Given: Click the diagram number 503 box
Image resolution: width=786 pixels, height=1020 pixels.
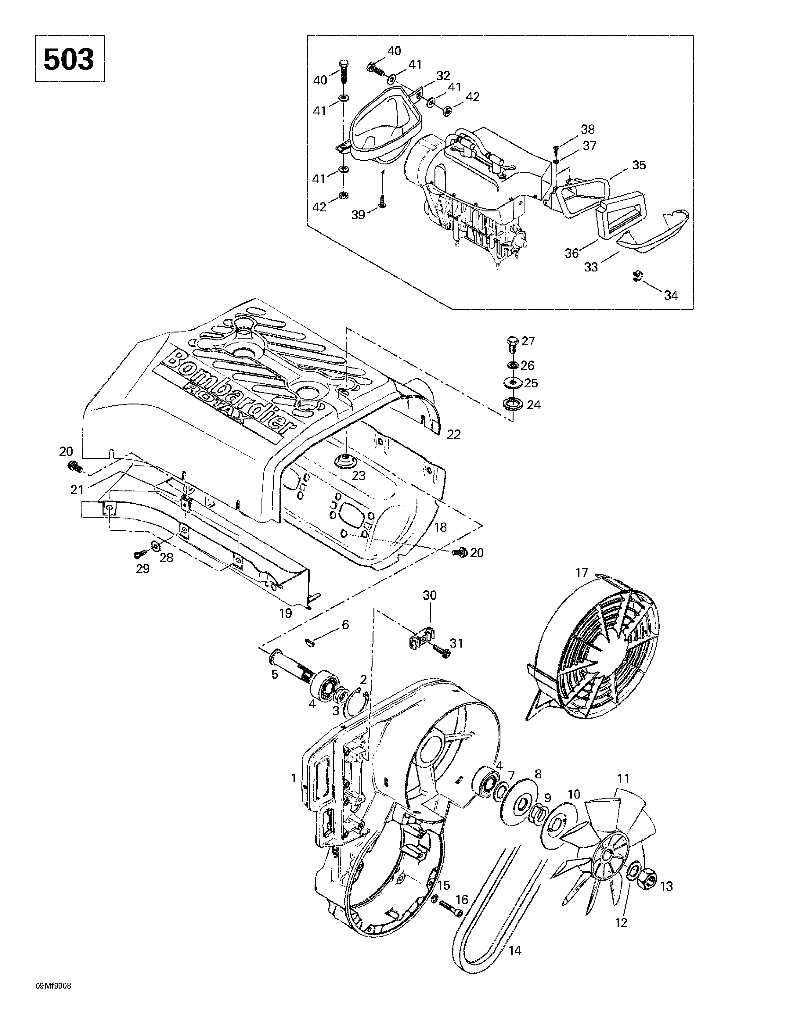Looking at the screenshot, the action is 70,58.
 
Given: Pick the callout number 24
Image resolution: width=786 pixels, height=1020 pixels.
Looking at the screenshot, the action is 533,404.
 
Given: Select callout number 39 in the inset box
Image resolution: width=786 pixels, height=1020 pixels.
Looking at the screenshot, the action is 359,215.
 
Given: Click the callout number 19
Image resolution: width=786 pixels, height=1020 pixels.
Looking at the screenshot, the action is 286,613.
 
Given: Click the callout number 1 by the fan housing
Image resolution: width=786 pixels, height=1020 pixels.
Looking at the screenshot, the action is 294,778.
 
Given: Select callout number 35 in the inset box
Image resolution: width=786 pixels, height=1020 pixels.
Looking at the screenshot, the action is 639,165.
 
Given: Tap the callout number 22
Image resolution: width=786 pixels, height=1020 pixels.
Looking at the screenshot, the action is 454,434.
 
